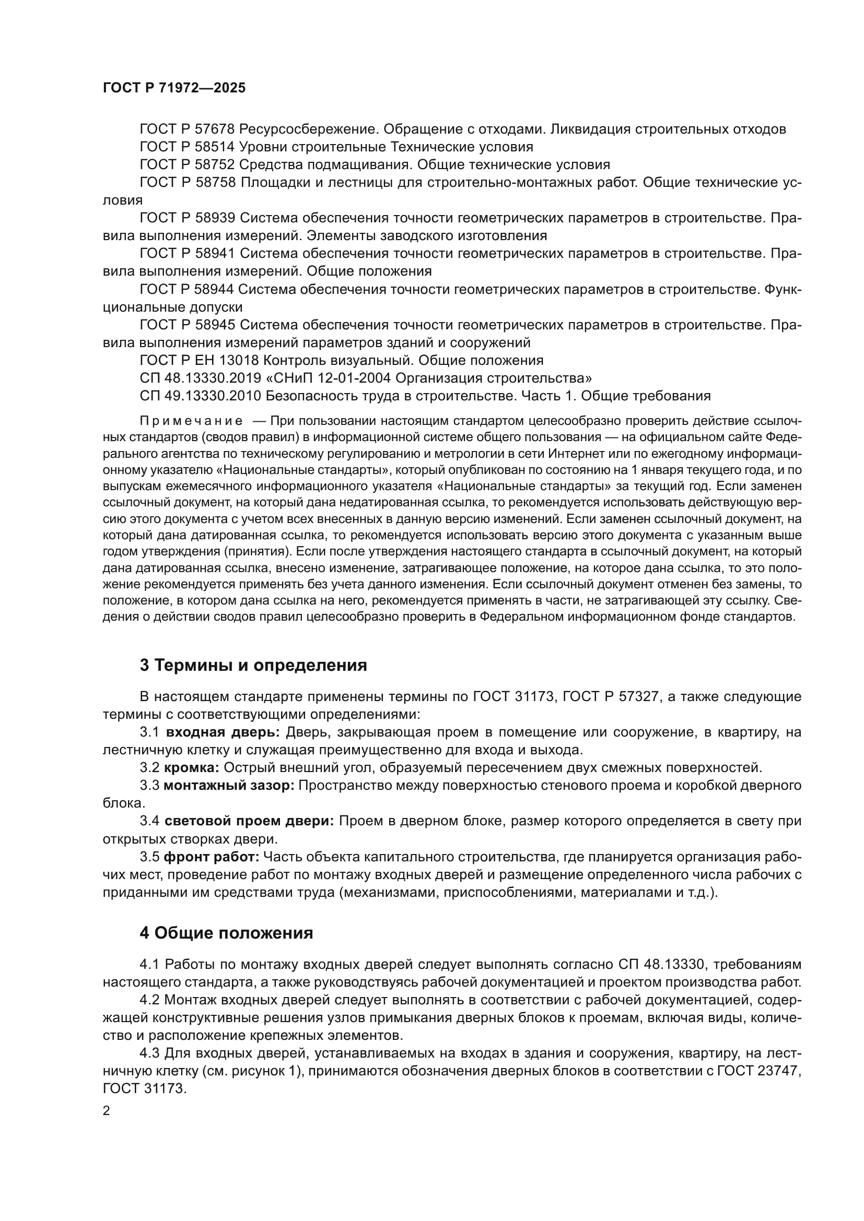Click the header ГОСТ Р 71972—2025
[174, 88]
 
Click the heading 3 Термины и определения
[253, 665]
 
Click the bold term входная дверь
[223, 732]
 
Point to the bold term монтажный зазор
[229, 786]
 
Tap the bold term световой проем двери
[249, 821]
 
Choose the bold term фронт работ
[211, 857]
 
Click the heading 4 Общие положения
[226, 933]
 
